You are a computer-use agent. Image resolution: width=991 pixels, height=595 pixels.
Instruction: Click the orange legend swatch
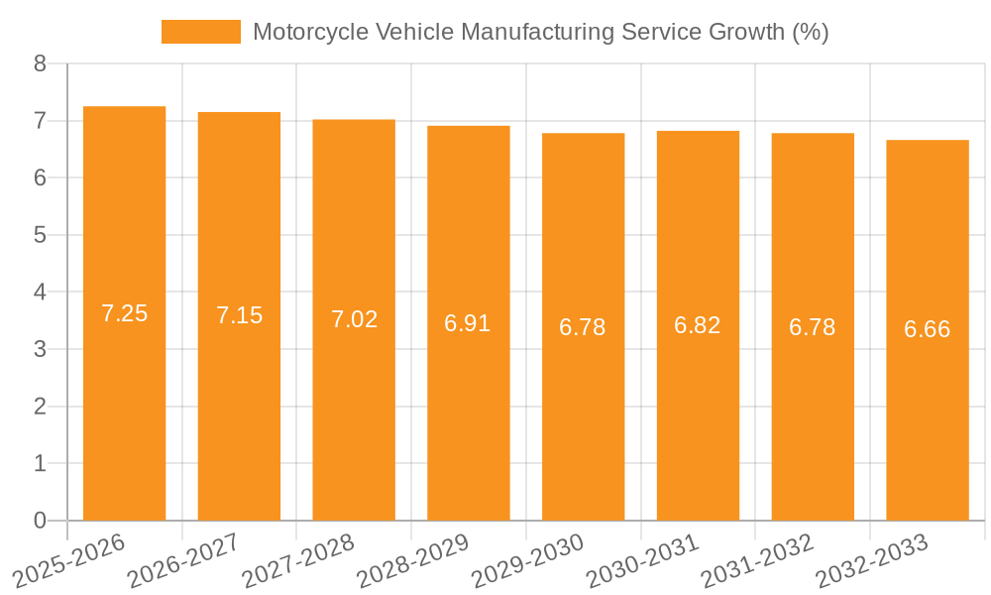click(201, 32)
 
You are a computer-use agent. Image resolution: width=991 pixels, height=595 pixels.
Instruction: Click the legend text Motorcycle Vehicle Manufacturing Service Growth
click(540, 32)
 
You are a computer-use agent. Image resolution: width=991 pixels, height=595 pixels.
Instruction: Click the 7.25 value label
click(124, 313)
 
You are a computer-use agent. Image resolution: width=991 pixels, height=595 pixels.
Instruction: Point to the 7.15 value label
click(239, 315)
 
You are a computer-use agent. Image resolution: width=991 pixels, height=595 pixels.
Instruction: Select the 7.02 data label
click(354, 319)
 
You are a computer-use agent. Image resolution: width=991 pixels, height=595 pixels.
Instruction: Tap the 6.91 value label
click(468, 323)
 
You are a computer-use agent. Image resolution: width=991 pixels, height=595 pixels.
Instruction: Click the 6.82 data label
click(698, 325)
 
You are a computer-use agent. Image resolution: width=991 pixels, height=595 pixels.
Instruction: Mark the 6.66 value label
click(927, 329)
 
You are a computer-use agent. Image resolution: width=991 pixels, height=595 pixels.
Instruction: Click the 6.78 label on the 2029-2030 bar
click(583, 327)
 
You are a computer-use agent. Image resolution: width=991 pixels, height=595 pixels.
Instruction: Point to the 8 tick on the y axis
click(40, 63)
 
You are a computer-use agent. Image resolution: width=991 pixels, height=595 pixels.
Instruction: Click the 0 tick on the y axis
click(40, 521)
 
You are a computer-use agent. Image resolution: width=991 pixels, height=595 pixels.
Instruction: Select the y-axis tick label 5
click(40, 235)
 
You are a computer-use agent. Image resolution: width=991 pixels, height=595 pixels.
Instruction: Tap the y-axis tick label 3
click(40, 349)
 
